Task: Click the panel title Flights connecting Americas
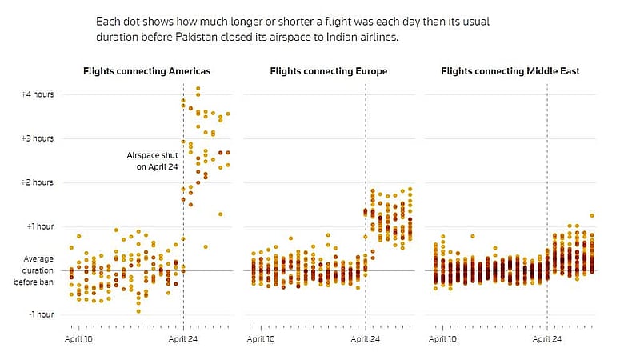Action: pos(147,71)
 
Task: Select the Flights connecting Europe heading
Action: pos(329,71)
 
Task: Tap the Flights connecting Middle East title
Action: pos(510,71)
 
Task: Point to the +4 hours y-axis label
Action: pos(38,94)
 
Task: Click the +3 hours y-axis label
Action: pos(38,138)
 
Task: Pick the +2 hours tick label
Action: pos(38,182)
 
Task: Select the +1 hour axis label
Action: pos(40,226)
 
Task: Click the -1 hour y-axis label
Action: pos(42,314)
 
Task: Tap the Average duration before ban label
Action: pos(34,270)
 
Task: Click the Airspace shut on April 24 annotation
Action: pos(152,161)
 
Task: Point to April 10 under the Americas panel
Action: pos(78,339)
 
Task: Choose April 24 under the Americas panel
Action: pos(183,339)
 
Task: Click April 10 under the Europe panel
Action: pos(261,339)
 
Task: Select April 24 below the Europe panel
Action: pos(366,339)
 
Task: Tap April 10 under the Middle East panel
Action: pos(442,339)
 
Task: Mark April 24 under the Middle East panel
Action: pos(547,339)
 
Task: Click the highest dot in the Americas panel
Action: pos(198,88)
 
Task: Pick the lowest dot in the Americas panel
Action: pos(138,311)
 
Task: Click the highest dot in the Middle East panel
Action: pos(592,215)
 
